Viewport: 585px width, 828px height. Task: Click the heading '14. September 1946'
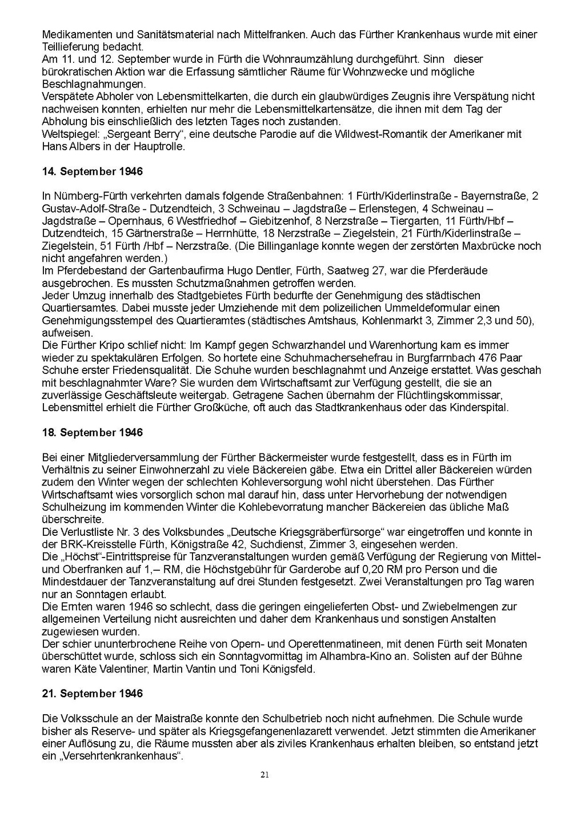(93, 172)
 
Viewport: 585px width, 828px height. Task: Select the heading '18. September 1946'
(93, 432)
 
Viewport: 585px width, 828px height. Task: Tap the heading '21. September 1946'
(93, 694)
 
